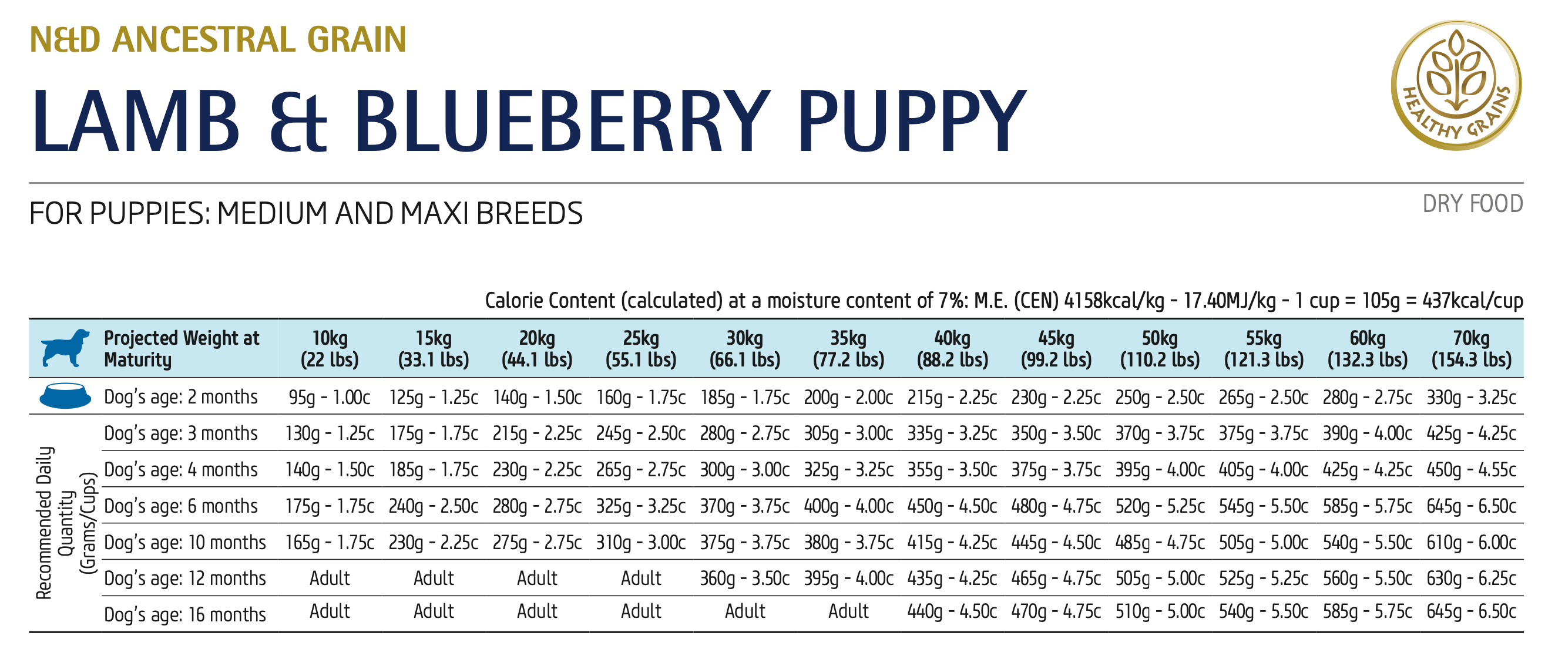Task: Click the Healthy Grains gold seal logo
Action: (1456, 86)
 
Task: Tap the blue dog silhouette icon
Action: (65, 348)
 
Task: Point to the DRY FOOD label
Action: (1472, 204)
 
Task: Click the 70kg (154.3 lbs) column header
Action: (1471, 348)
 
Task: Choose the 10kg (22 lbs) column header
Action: (330, 348)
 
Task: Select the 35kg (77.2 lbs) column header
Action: (848, 348)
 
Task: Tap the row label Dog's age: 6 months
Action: (181, 506)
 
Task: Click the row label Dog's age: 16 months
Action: (184, 614)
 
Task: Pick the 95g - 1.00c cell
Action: (330, 397)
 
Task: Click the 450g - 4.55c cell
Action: (1471, 469)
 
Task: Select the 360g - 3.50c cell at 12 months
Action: (744, 578)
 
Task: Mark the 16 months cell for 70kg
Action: (1471, 611)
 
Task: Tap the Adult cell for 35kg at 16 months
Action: (848, 611)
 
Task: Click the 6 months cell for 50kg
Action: (1159, 506)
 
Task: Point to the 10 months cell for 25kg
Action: (640, 542)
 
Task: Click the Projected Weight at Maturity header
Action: (181, 348)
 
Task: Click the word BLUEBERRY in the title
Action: (562, 122)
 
